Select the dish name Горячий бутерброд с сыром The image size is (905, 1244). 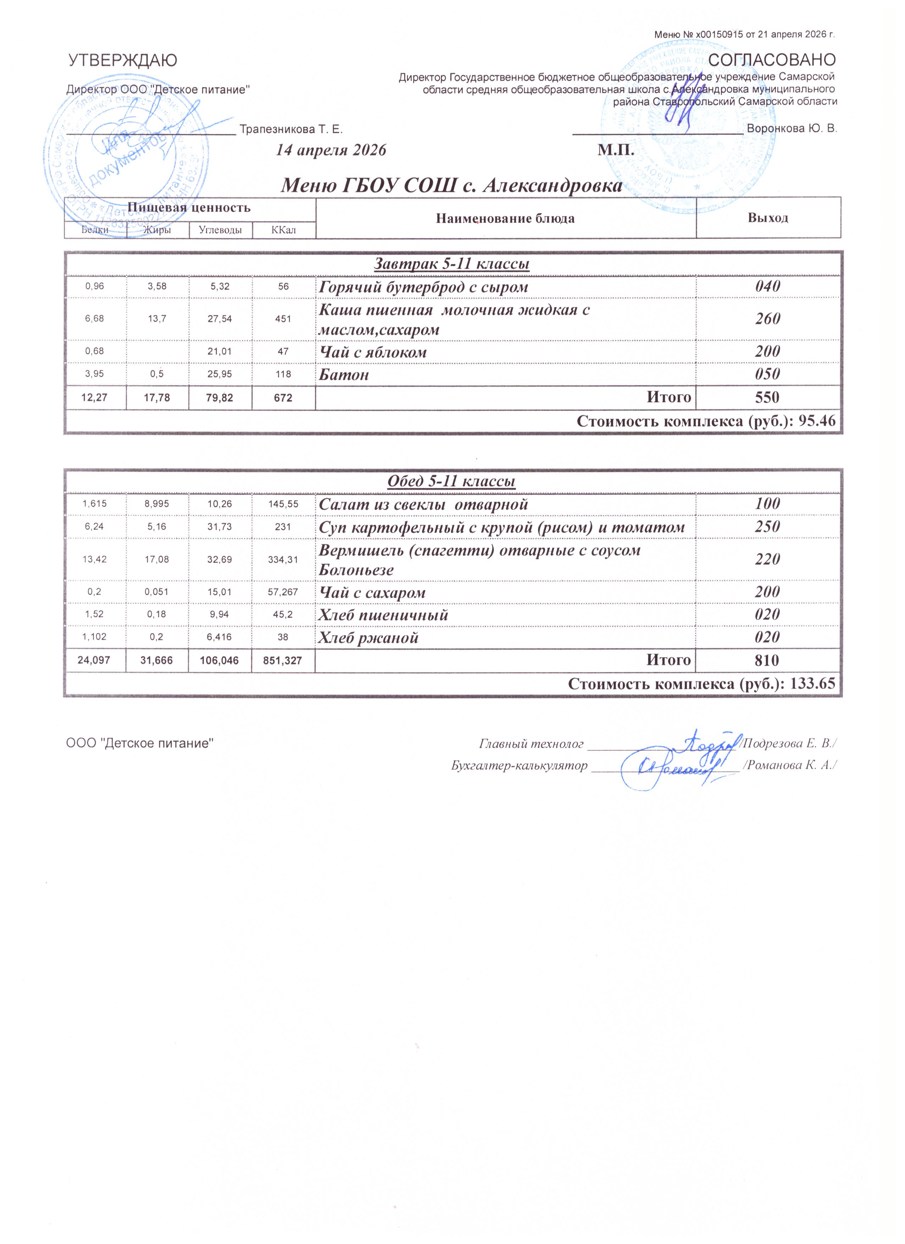(424, 287)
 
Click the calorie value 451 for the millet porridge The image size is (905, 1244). (283, 319)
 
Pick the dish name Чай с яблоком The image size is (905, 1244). (373, 352)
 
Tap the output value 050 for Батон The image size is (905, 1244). (767, 375)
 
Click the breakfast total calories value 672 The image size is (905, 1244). (283, 398)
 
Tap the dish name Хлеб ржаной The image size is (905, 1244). (369, 637)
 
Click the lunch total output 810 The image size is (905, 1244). (767, 660)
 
